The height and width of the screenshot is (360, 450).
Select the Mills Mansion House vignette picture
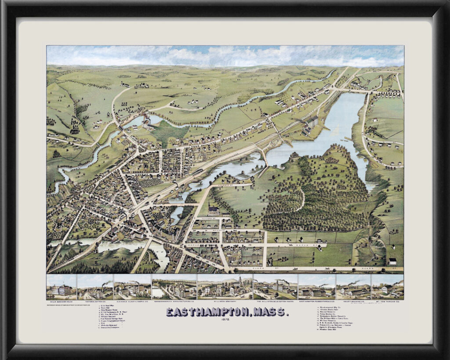pyautogui.click(x=62, y=287)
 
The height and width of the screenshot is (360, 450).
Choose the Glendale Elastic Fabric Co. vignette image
pyautogui.click(x=132, y=287)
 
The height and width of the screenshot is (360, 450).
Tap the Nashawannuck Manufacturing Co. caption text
pyautogui.click(x=174, y=302)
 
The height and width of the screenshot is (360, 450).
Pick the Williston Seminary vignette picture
pyautogui.click(x=225, y=287)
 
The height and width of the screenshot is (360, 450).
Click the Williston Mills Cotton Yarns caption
pyautogui.click(x=275, y=302)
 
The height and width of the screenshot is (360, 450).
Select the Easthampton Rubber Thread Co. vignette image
pyautogui.click(x=316, y=287)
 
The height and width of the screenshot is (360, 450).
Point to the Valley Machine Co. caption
pyautogui.click(x=353, y=302)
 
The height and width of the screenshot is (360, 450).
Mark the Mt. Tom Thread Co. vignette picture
pyautogui.click(x=387, y=287)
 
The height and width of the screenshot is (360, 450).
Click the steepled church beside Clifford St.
pyautogui.click(x=214, y=211)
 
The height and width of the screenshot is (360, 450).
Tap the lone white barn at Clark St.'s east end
pyautogui.click(x=392, y=261)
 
